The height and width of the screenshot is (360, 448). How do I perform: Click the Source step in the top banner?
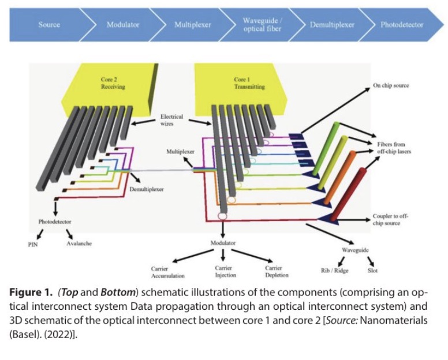49,25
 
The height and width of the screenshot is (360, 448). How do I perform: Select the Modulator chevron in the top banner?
123,25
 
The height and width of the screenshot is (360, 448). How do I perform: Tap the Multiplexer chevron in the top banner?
192,25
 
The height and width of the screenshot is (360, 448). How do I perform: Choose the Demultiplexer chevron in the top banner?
332,25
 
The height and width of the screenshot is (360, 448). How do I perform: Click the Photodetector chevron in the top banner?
401,25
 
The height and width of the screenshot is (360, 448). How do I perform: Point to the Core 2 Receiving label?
113,83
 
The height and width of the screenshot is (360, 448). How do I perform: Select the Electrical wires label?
171,120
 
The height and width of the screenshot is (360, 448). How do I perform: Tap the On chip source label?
390,86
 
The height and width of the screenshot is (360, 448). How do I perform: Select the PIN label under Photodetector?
33,244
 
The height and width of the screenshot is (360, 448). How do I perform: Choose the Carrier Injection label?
223,272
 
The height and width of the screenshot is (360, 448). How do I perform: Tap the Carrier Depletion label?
273,272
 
